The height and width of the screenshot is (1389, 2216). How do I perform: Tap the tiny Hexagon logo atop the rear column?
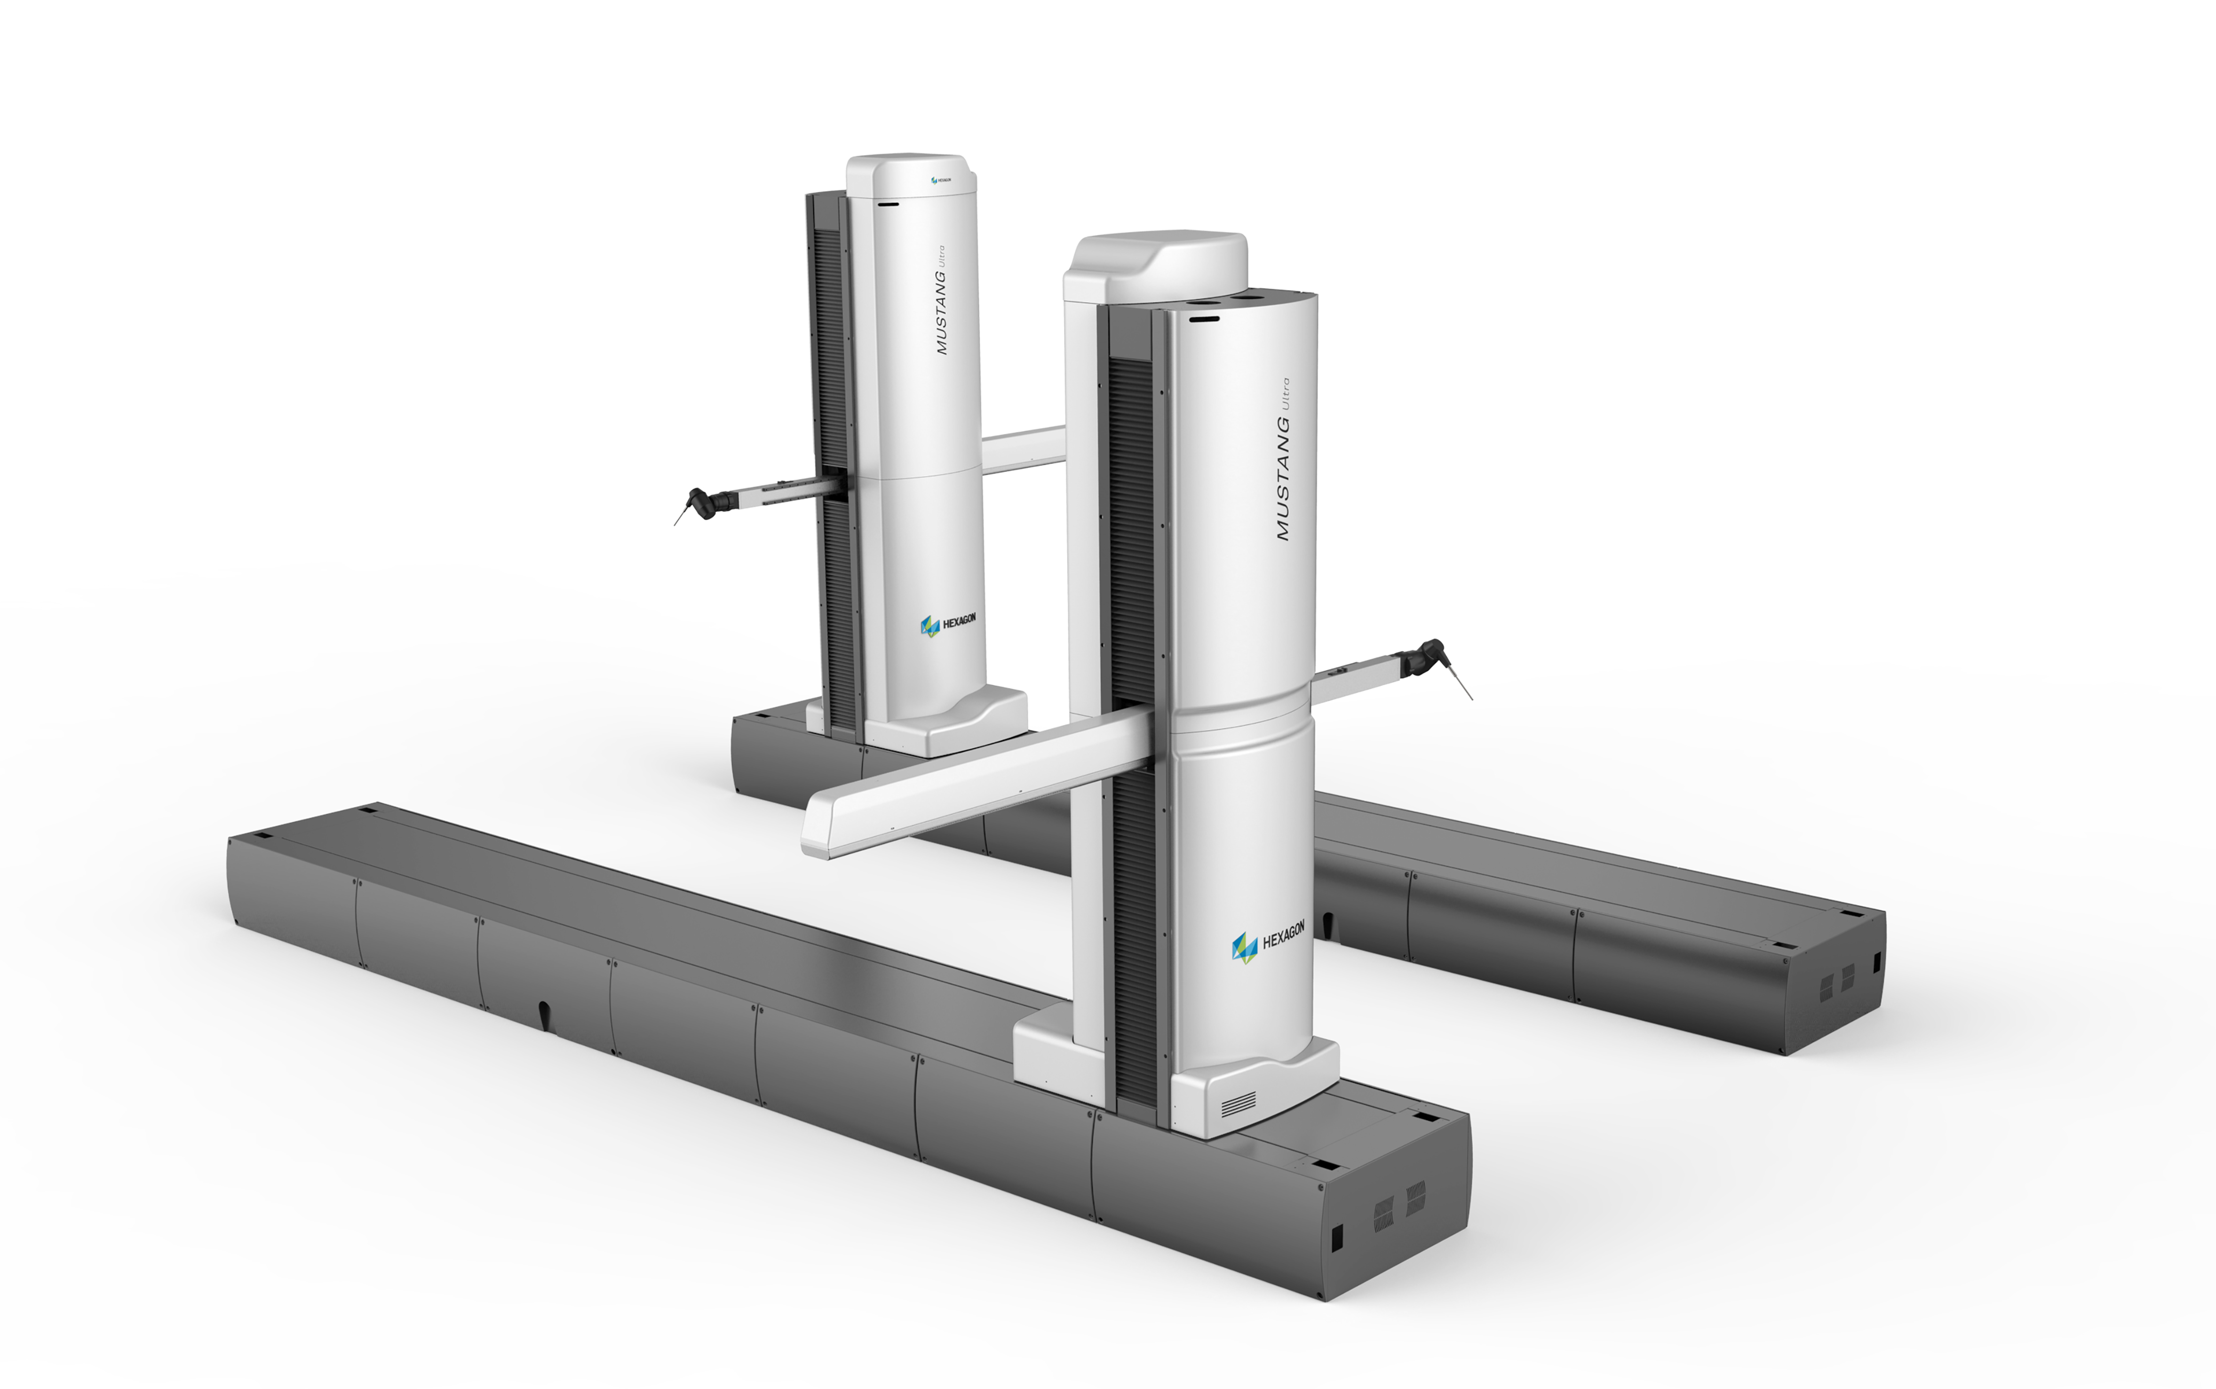click(940, 180)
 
